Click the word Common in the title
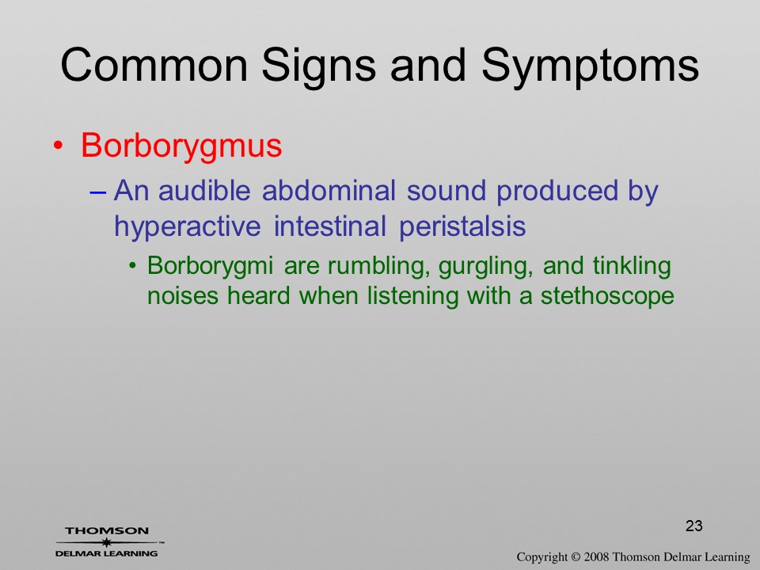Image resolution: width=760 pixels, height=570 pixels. [154, 65]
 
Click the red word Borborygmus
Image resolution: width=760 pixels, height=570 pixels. [181, 146]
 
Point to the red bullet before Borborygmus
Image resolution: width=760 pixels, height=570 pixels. [58, 146]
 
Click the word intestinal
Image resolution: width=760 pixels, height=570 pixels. [329, 226]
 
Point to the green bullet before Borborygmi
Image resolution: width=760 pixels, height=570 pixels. [133, 266]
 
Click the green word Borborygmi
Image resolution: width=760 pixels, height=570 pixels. [210, 267]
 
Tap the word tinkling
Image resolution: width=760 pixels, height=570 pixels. [632, 267]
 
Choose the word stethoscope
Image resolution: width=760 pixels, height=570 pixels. [607, 296]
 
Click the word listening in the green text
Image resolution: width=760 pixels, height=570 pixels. [412, 296]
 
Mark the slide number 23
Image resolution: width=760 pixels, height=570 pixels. [694, 526]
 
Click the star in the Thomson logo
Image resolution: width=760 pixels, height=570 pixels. [106, 542]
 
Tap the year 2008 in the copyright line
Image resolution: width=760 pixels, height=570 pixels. [596, 557]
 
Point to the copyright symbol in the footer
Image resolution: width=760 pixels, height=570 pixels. [576, 557]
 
